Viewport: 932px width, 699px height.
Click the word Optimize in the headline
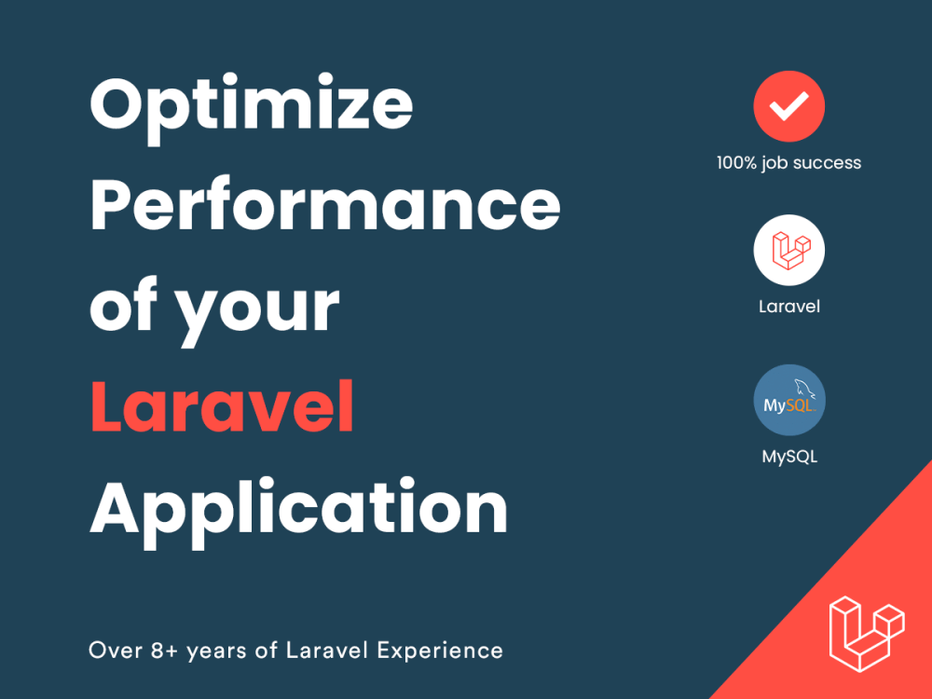coord(252,104)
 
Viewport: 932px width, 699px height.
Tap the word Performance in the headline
coord(324,206)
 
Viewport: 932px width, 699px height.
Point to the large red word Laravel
coord(223,407)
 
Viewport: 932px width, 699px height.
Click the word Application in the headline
coord(298,509)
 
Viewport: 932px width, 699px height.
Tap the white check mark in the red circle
coord(789,106)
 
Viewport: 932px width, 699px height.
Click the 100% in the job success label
coord(736,163)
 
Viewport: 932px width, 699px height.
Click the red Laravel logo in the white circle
coord(789,249)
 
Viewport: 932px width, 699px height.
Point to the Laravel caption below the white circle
coord(789,306)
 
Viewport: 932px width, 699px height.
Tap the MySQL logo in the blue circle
coord(789,401)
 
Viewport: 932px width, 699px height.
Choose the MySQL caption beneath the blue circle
coord(789,457)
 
